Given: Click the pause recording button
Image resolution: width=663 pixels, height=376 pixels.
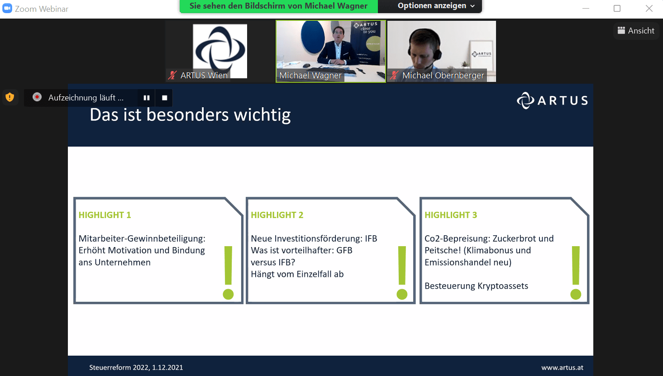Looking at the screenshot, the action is point(147,98).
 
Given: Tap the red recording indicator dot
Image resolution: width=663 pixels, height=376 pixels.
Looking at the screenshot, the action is point(37,97).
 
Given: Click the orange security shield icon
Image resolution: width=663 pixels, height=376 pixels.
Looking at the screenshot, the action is point(10,97).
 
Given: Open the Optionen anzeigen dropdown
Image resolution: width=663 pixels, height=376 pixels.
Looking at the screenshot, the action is point(436,6).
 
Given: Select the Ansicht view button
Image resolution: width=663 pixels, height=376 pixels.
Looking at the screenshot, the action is point(636,30).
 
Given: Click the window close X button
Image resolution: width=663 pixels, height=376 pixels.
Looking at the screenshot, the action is point(649,8).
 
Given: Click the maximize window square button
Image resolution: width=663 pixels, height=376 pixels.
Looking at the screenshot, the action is point(617,8).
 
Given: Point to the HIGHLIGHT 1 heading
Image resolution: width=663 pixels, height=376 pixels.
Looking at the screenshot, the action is point(105,215).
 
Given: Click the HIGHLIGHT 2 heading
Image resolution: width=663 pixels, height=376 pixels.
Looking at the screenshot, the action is point(277,215).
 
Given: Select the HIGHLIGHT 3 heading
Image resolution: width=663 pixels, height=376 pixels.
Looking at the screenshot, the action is point(451,215).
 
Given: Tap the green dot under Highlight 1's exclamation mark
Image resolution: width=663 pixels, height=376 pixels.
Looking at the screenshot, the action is point(228,295).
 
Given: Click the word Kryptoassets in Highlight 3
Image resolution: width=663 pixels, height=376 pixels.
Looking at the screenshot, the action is point(503,286).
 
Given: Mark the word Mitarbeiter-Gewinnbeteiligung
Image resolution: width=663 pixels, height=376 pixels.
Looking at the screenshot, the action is point(142,239).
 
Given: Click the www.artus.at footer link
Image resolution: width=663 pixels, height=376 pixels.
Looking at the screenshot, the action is point(563,367).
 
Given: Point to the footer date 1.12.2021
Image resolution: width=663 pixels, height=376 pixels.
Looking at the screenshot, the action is point(167,367).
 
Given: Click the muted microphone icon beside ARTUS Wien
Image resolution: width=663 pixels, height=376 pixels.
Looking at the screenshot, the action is point(172,75).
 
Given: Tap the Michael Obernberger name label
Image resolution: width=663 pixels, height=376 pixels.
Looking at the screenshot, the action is point(443,76).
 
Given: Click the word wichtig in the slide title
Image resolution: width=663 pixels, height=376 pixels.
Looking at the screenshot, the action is point(262,115).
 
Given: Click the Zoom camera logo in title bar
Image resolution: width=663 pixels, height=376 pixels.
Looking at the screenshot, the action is point(7,8).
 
